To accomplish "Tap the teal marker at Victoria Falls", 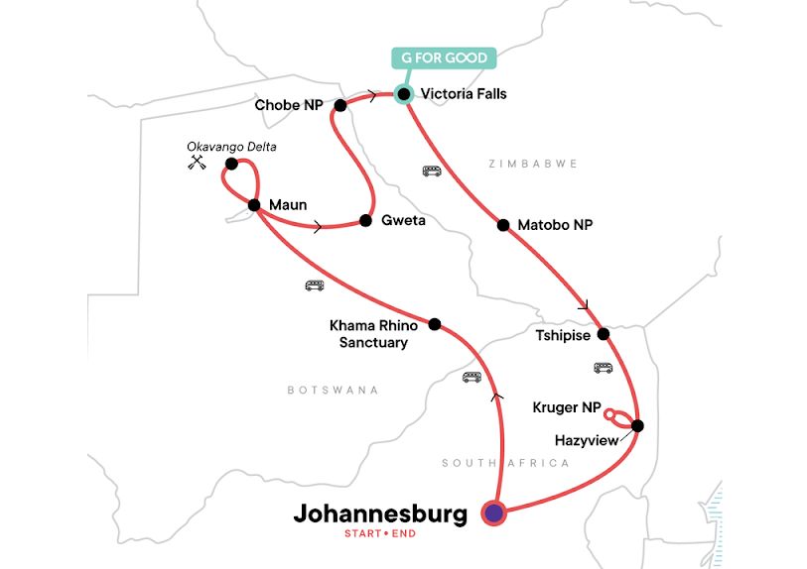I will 403,95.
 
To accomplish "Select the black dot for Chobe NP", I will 340,105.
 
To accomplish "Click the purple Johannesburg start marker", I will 493,512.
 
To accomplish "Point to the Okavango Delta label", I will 232,147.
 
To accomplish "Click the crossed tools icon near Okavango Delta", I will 196,164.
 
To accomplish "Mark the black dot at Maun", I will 253,205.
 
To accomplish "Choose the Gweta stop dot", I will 365,220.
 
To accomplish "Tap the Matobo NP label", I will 555,225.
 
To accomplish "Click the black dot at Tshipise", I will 602,332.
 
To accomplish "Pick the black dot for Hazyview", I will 637,426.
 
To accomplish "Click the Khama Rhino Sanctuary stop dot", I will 434,323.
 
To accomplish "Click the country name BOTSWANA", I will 333,391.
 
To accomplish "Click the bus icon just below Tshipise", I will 603,367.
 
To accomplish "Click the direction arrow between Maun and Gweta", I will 317,227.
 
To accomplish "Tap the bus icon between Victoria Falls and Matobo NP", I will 432,171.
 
